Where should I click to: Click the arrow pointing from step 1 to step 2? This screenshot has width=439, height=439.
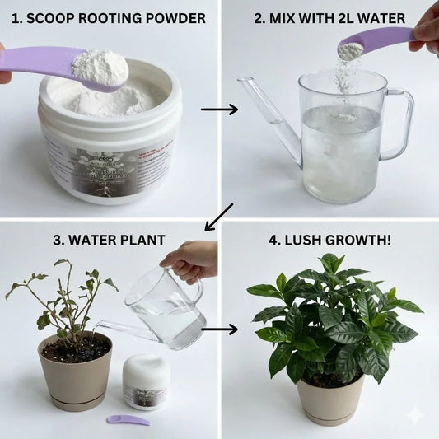(x=219, y=109)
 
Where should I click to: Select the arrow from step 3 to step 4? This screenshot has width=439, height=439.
(x=219, y=329)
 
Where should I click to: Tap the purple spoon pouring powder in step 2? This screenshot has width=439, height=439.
(x=379, y=40)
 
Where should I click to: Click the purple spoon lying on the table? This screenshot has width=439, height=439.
(x=128, y=420)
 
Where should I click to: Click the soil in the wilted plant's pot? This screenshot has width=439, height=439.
(x=76, y=348)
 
